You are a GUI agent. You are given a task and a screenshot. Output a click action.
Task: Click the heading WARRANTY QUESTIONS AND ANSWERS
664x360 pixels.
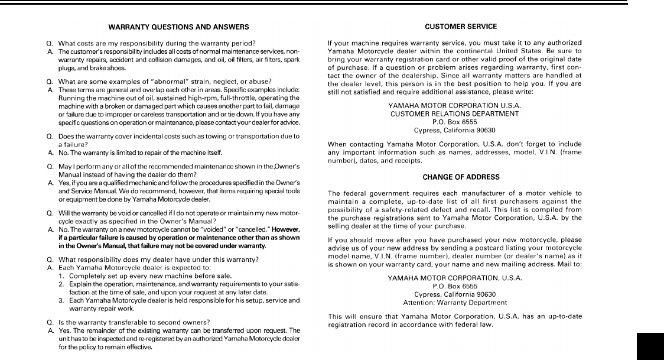[x=178, y=27]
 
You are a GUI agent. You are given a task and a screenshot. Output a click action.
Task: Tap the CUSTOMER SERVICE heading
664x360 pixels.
[x=461, y=27]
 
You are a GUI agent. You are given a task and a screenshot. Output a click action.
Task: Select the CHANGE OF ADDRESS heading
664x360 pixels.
[x=461, y=177]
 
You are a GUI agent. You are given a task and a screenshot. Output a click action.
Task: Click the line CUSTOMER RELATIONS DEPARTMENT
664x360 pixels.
[x=454, y=113]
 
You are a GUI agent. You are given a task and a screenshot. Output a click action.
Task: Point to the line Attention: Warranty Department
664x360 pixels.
[x=455, y=302]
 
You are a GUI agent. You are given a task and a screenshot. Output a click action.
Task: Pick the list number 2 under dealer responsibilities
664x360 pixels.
[x=61, y=284]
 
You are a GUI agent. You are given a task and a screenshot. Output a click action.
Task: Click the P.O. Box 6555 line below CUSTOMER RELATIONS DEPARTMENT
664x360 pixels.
[x=454, y=122]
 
